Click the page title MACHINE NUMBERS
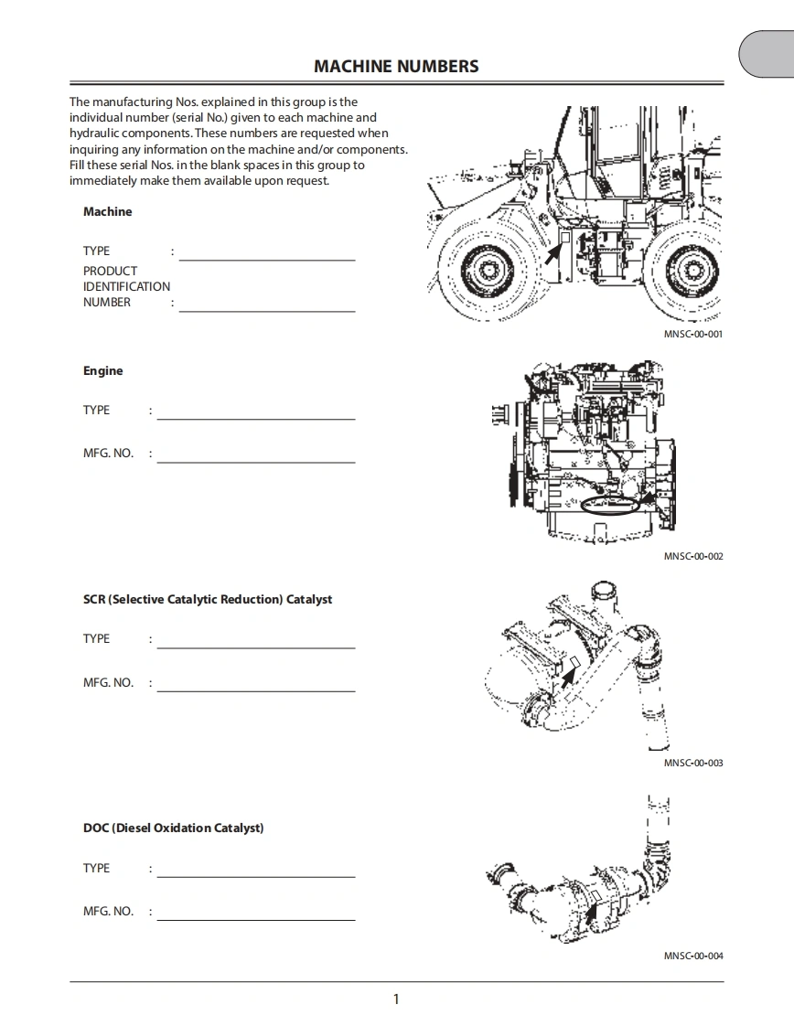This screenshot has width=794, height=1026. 396,66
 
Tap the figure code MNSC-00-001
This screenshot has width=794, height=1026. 692,335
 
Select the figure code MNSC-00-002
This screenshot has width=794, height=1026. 692,556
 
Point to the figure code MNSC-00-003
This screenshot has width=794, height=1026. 692,763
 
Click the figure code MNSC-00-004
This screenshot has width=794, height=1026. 692,956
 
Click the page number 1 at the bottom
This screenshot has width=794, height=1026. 396,999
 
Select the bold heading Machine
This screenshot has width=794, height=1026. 107,211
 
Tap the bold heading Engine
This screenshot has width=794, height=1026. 102,370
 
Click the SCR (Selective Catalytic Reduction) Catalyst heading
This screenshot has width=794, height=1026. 208,599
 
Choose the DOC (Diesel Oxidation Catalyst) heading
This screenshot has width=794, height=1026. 173,828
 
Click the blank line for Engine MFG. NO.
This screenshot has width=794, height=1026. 256,462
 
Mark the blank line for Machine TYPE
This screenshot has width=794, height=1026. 267,260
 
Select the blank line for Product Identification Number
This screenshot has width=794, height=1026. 267,311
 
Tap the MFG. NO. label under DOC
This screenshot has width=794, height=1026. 108,911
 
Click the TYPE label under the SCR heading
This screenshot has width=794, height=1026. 96,638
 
